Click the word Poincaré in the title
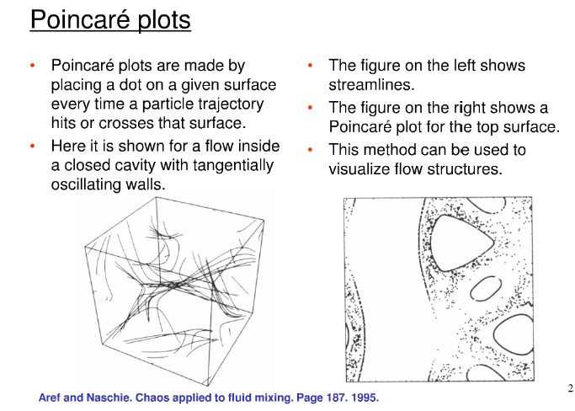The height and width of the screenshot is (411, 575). coord(80,19)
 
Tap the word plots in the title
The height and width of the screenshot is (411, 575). coord(164,20)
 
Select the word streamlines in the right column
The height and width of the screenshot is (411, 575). coord(371,85)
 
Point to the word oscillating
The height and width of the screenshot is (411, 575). coord(86,184)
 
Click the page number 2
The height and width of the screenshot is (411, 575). coord(570,388)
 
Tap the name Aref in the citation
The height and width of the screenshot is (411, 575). coord(50,398)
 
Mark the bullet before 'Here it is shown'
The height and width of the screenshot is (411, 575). coord(33,146)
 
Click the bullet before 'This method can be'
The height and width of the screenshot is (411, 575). coord(311,150)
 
